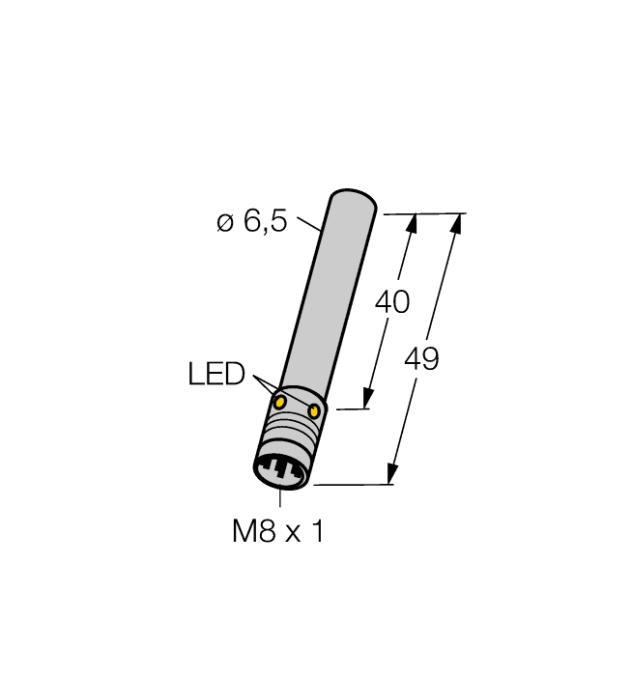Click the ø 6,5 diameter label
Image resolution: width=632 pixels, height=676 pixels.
pos(251,222)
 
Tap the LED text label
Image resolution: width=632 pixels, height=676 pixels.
pos(216,375)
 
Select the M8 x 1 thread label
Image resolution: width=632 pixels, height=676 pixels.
pos(278,531)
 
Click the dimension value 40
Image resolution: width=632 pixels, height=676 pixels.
pos(391,302)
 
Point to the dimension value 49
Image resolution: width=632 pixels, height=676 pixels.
pos(421,360)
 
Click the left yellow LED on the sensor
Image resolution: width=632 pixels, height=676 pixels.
pos(279,401)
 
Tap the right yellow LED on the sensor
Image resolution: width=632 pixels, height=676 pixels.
pos(314,412)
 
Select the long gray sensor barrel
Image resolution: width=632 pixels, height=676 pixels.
pos(324,299)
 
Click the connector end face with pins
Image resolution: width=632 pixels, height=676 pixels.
pos(281,474)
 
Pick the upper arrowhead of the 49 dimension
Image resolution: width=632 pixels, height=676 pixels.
pos(456,223)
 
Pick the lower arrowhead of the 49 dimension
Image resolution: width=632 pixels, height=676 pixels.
pos(391,474)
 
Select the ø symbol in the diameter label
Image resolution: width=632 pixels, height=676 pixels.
pos(224,223)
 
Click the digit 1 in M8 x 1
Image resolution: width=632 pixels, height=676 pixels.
pos(317,531)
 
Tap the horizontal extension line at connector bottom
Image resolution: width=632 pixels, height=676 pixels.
pos(353,485)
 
